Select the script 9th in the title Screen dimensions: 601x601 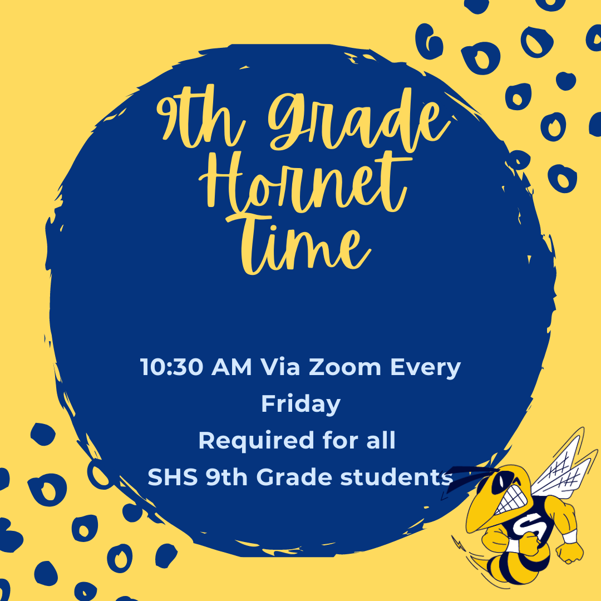pyautogui.click(x=201, y=120)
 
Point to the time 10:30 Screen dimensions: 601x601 pyautogui.click(x=171, y=367)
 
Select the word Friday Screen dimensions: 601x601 pyautogui.click(x=301, y=404)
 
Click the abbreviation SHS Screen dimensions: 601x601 pyautogui.click(x=173, y=477)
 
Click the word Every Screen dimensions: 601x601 pyautogui.click(x=426, y=368)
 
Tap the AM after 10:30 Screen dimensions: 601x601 pyautogui.click(x=231, y=367)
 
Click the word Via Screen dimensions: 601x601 pyautogui.click(x=280, y=367)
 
